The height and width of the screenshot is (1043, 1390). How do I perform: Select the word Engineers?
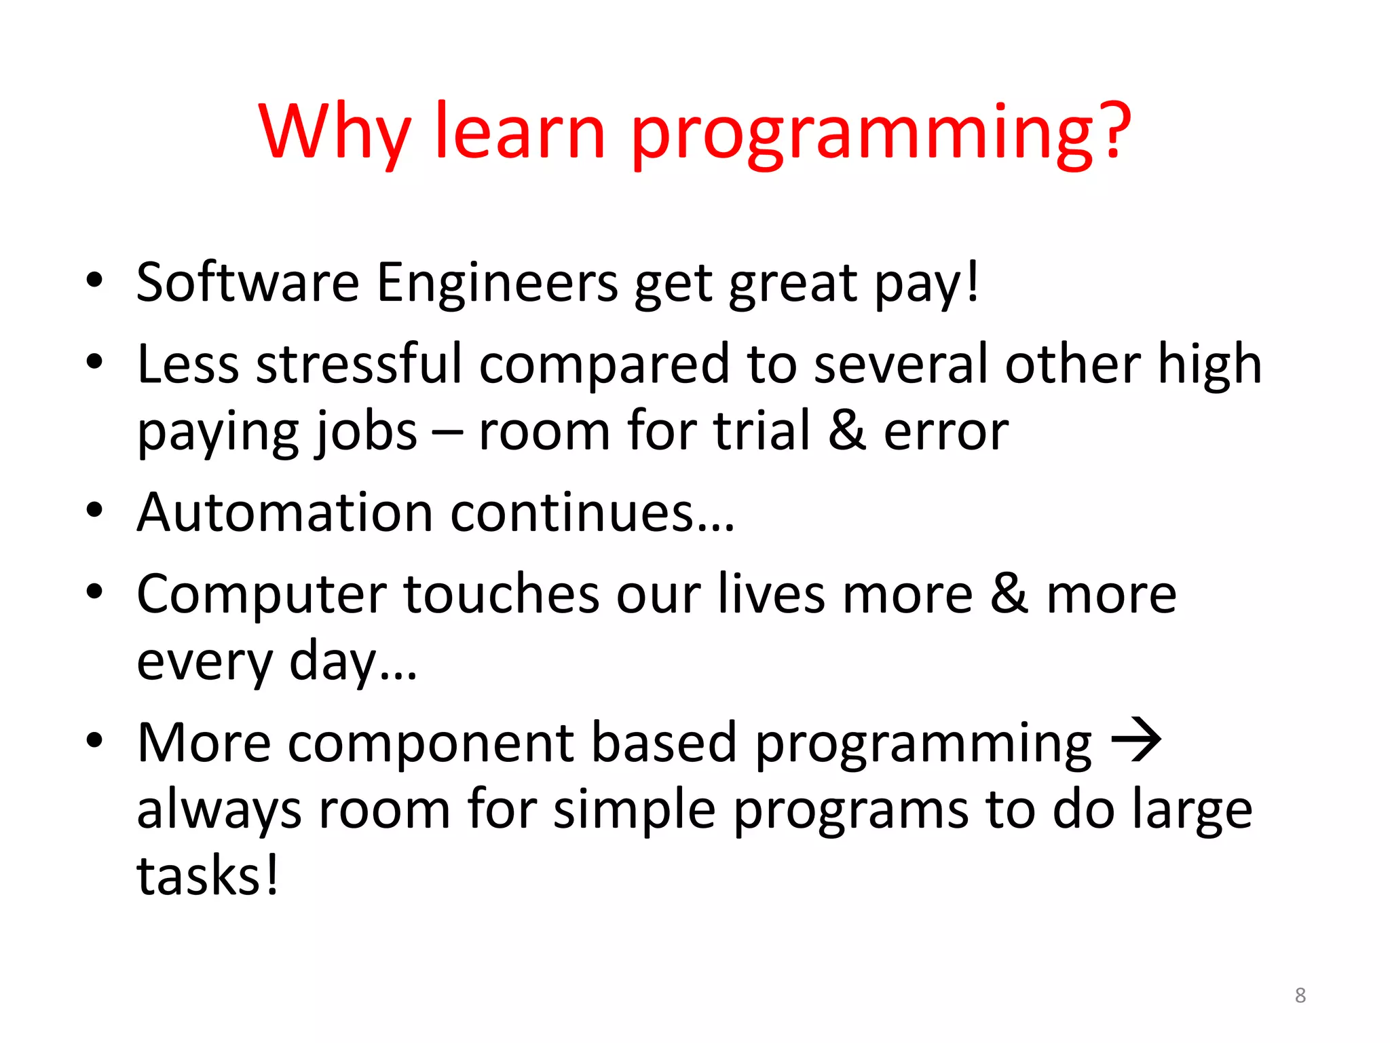pyautogui.click(x=497, y=284)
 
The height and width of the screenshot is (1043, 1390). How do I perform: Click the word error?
pyautogui.click(x=945, y=433)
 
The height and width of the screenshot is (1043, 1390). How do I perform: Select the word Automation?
pyautogui.click(x=284, y=513)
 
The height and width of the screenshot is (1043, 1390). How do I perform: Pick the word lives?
pyautogui.click(x=770, y=594)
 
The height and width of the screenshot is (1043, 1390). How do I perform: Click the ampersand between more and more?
pyautogui.click(x=1009, y=593)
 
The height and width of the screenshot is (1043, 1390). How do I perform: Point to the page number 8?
pyautogui.click(x=1300, y=995)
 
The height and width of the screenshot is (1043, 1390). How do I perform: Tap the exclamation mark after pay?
pyautogui.click(x=973, y=282)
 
